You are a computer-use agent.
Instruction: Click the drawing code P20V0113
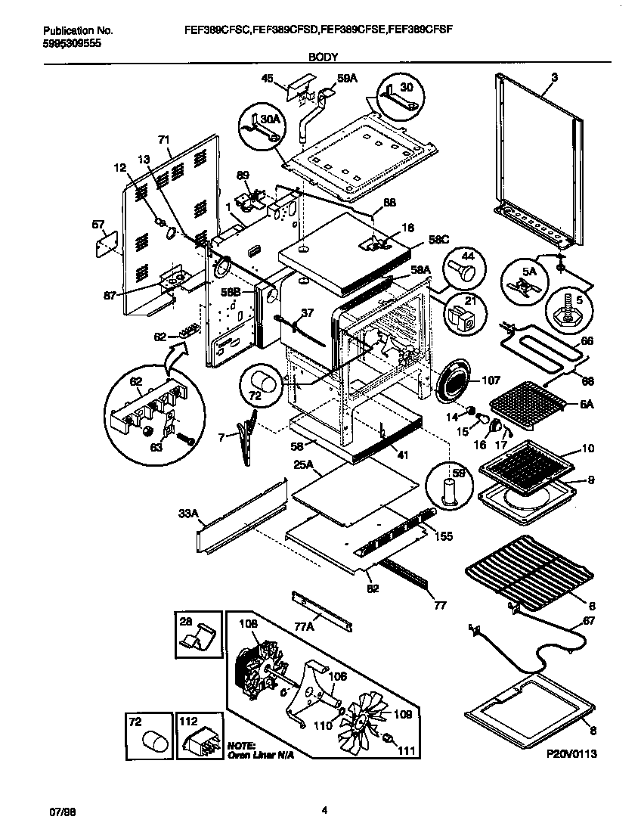(573, 754)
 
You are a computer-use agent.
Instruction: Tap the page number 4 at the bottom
(324, 811)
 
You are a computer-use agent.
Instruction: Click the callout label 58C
(440, 239)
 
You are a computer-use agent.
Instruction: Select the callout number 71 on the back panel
(163, 139)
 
